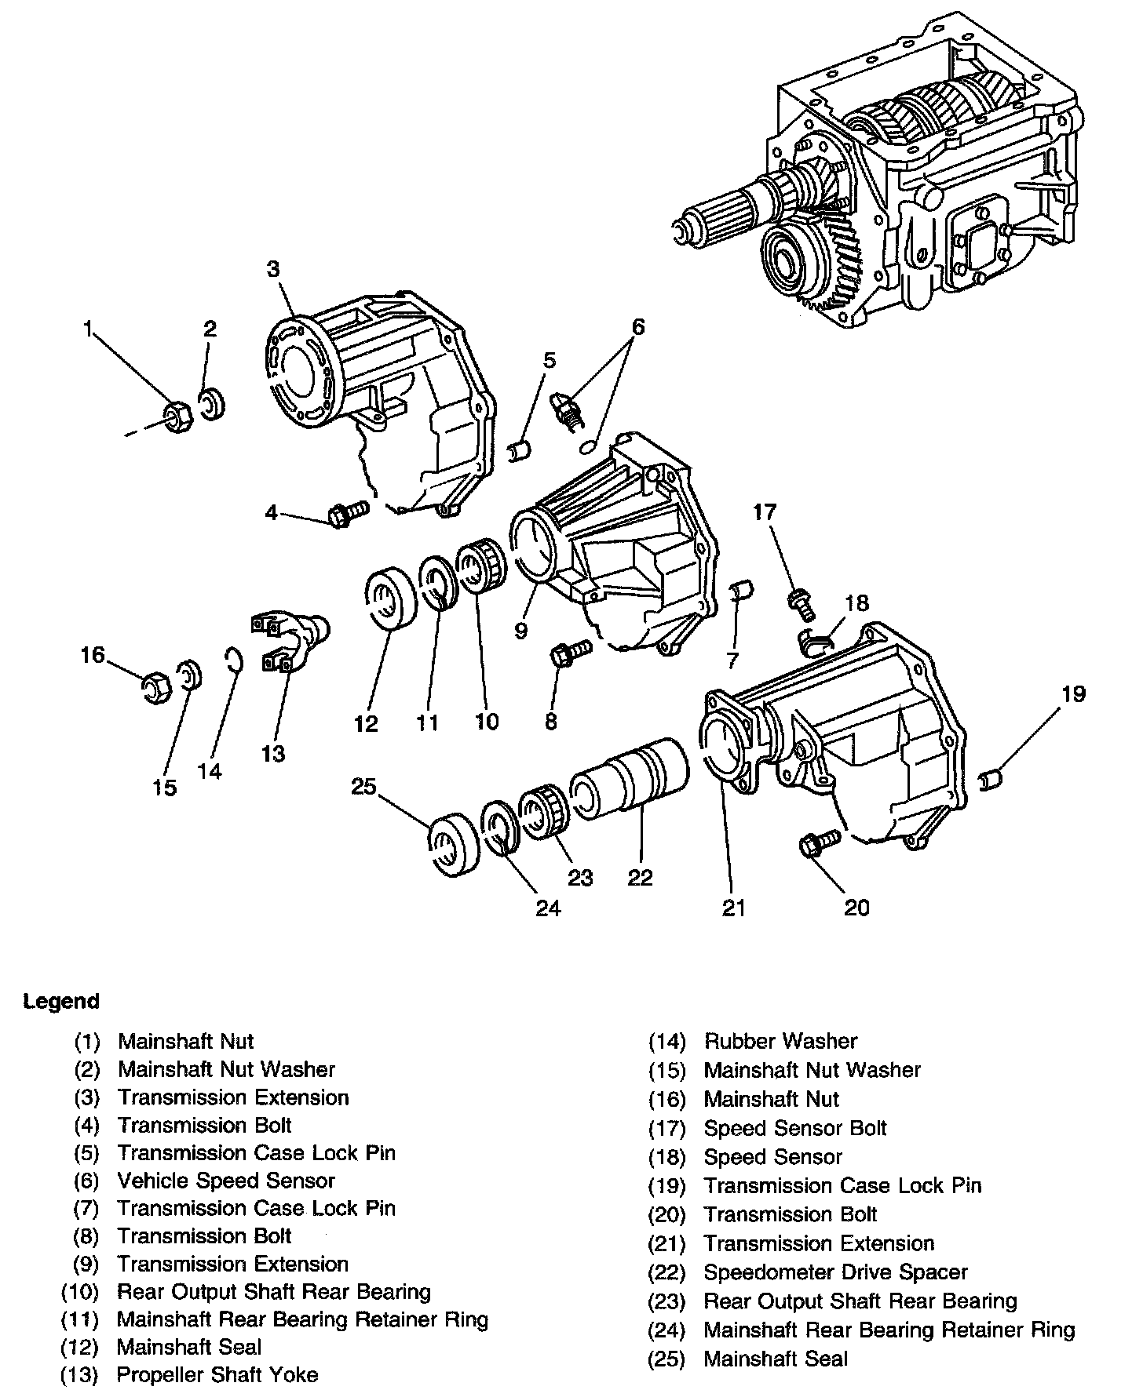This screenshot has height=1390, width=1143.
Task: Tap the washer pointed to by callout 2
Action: click(213, 406)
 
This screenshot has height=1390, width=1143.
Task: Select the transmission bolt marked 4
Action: click(346, 512)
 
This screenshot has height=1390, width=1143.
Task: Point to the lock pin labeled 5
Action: click(520, 452)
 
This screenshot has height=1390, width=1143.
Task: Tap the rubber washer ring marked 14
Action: click(233, 661)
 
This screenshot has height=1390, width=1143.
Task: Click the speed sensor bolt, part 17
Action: click(801, 604)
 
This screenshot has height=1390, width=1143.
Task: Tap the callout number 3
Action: click(272, 269)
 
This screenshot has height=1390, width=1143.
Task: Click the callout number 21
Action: click(733, 907)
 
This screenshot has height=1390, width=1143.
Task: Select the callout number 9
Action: click(520, 630)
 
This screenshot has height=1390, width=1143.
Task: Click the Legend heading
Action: click(61, 1002)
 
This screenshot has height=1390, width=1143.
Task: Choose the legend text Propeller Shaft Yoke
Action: click(217, 1374)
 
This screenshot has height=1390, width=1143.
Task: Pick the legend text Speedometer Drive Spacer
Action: click(835, 1272)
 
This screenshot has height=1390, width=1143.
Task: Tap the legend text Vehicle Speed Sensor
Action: click(226, 1181)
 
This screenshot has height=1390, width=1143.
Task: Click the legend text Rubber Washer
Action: click(780, 1041)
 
